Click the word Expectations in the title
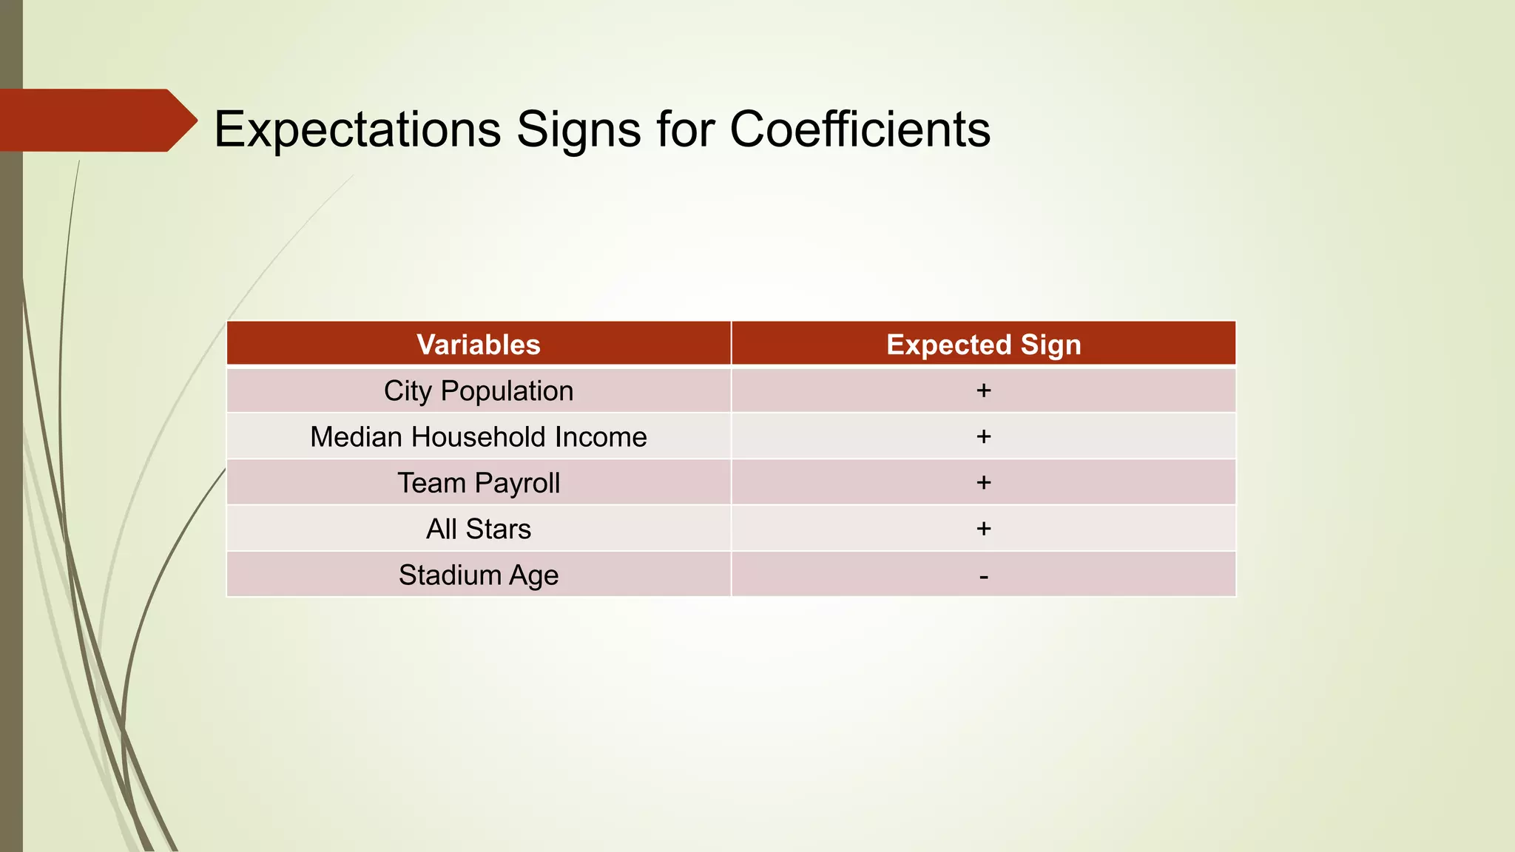click(357, 130)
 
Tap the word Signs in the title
click(578, 130)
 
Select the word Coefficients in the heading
click(860, 130)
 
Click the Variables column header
click(479, 345)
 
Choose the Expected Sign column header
click(983, 345)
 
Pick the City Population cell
click(479, 391)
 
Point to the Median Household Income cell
click(479, 437)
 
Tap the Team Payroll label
click(479, 483)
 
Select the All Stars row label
click(479, 529)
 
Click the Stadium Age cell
click(479, 575)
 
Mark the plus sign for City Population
click(983, 390)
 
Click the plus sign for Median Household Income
click(983, 436)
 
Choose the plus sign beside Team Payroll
click(983, 482)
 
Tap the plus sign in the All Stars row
click(983, 528)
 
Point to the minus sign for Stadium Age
click(983, 576)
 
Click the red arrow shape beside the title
click(96, 120)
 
